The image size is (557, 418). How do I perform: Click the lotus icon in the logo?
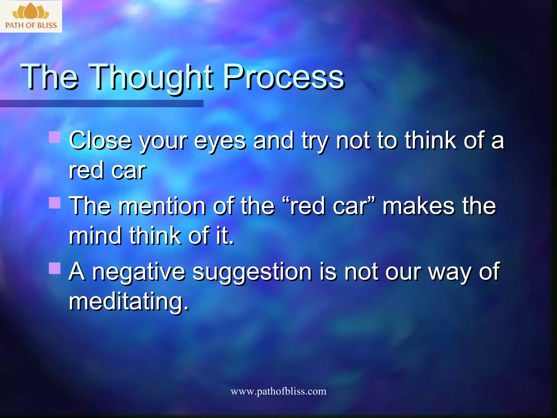point(31,11)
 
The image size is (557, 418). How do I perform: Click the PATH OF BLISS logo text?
point(31,25)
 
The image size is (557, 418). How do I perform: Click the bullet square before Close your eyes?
point(55,137)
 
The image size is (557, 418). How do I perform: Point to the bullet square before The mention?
point(55,203)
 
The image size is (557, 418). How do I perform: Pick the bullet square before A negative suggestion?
point(55,268)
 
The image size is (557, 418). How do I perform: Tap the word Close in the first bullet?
point(100,141)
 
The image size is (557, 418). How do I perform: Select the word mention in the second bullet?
point(162,206)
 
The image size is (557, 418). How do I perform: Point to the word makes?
point(419,206)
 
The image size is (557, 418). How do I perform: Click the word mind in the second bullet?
point(95,236)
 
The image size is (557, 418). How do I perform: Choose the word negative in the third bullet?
point(139,272)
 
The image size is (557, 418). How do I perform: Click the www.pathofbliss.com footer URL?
point(278,391)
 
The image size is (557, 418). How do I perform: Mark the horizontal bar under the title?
point(102,103)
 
